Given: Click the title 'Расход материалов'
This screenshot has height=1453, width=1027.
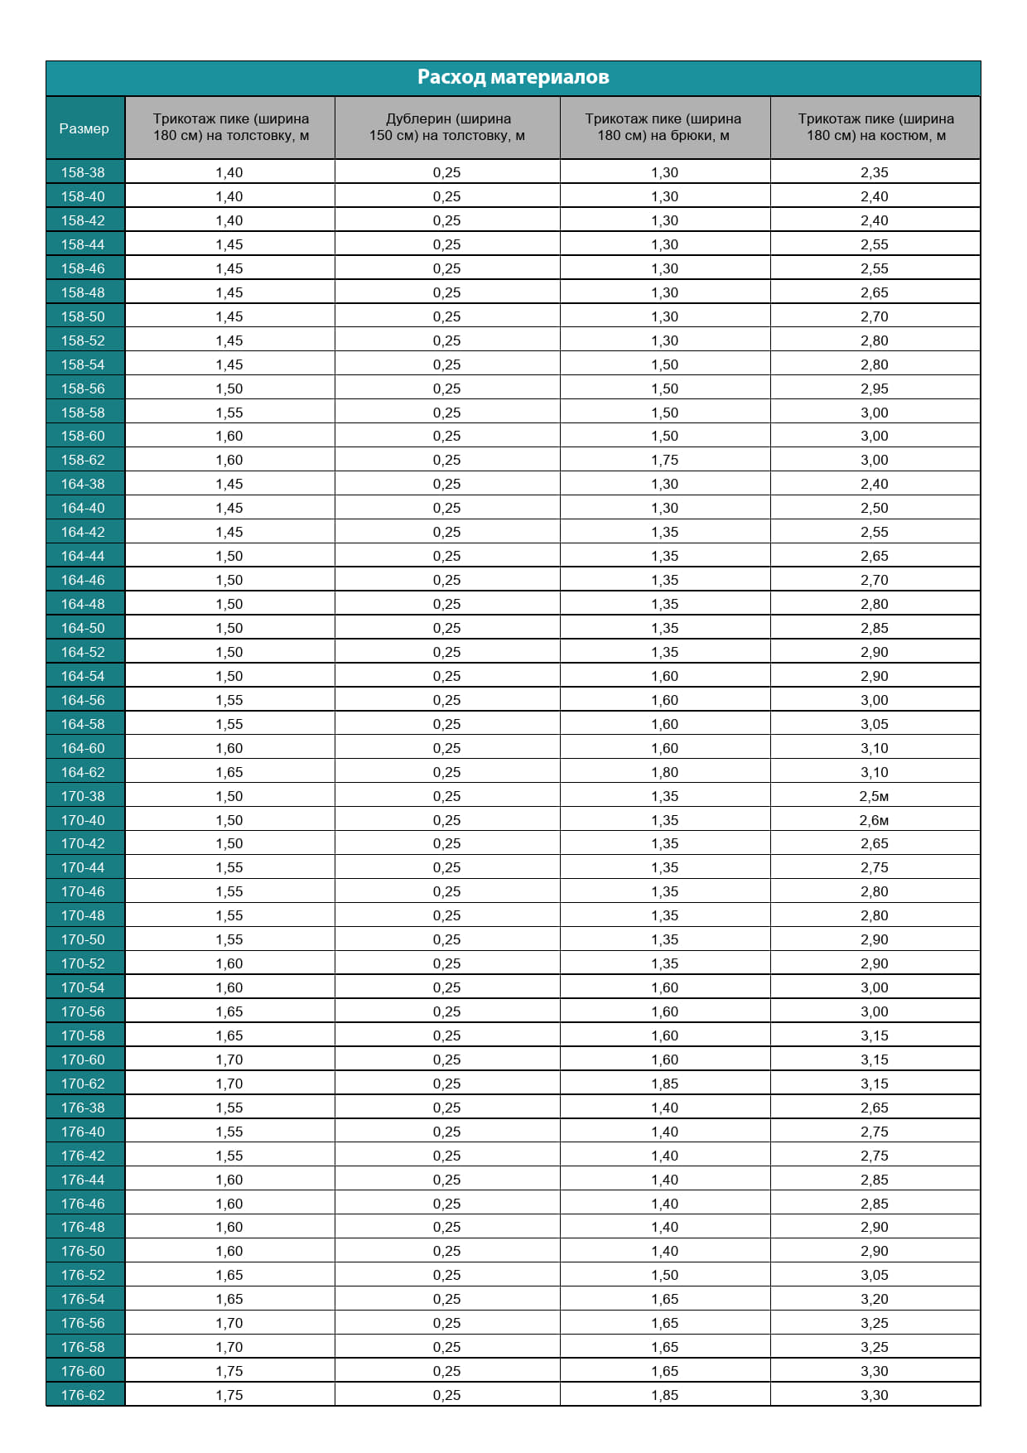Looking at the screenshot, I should [x=513, y=77].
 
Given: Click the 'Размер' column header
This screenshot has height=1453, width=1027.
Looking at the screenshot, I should [x=84, y=128].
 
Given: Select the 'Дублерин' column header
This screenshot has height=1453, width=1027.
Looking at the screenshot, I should [x=447, y=128].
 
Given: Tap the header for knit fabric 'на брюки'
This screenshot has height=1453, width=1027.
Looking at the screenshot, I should [x=663, y=128].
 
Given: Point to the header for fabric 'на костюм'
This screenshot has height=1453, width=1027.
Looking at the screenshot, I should [x=875, y=128].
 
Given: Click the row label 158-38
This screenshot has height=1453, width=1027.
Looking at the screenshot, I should [x=83, y=172].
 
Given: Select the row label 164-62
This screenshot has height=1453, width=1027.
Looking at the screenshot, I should [x=83, y=772].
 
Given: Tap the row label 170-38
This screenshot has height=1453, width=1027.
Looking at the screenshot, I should [x=83, y=796].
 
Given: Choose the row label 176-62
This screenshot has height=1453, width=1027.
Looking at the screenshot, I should [x=83, y=1395].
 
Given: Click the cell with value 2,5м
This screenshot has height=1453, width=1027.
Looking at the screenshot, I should [x=874, y=796].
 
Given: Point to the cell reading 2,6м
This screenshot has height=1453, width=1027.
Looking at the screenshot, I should [x=874, y=820].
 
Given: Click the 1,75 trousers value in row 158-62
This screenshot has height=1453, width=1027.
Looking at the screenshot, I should [x=664, y=460].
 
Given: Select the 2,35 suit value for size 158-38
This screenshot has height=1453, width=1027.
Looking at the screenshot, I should [x=874, y=172].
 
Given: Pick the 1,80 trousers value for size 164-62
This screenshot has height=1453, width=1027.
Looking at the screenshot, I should [x=664, y=772].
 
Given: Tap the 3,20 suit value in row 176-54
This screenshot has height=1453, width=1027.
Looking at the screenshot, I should [x=874, y=1299].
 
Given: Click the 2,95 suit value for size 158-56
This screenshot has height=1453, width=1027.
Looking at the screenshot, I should [x=874, y=389].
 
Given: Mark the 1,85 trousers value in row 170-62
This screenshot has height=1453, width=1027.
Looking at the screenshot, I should [x=664, y=1084].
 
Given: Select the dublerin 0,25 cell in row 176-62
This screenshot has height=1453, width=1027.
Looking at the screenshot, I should [x=446, y=1395].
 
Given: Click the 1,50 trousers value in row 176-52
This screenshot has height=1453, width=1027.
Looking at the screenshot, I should [x=664, y=1275].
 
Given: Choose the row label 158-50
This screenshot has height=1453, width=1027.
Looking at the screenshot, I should [x=83, y=316].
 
